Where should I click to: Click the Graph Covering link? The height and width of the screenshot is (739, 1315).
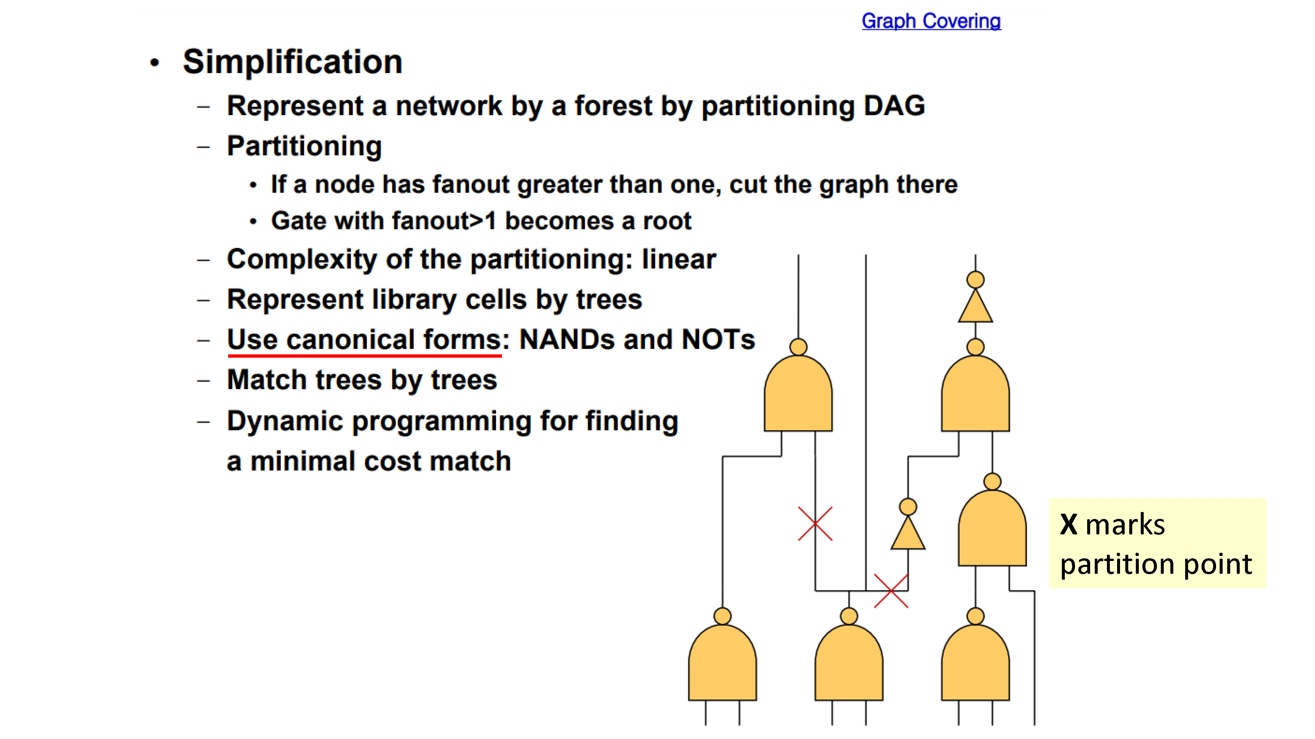tap(931, 21)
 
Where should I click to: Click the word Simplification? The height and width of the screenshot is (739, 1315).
tap(293, 62)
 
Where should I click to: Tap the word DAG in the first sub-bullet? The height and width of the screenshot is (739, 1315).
tap(894, 105)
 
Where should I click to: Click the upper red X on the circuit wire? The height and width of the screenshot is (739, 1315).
tap(815, 523)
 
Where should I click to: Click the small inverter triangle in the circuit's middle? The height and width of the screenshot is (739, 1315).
tap(908, 532)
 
